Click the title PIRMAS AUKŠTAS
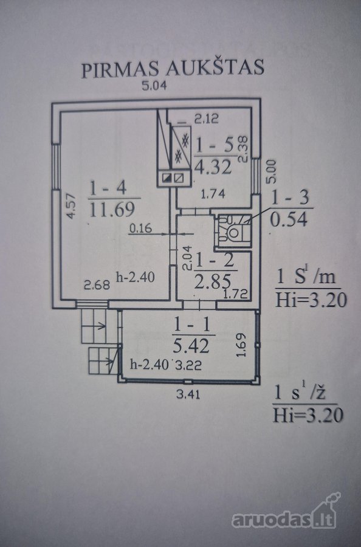(173, 67)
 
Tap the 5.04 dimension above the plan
(154, 86)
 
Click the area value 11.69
(112, 210)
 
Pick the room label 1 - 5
(214, 145)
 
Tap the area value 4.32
(213, 167)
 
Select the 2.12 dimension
(207, 119)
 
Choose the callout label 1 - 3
(290, 198)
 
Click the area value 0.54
(289, 220)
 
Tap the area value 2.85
(213, 281)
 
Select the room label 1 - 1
(191, 325)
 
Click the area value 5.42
(191, 346)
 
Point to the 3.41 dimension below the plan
(188, 394)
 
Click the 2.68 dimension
(97, 285)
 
